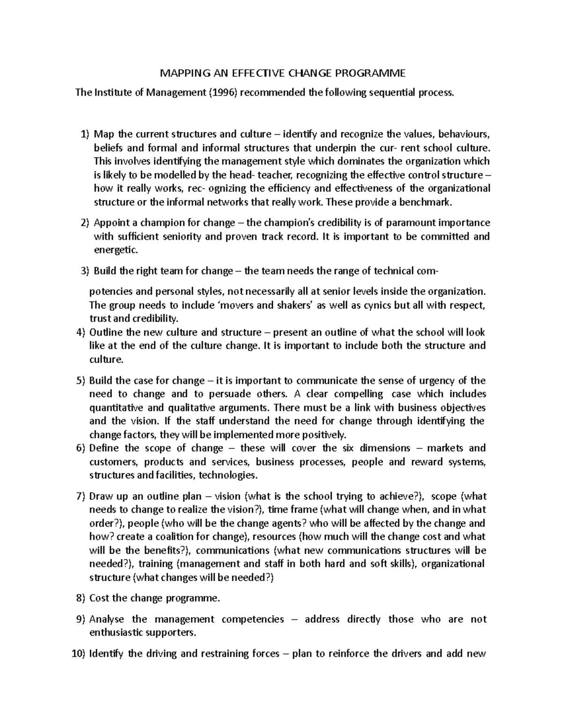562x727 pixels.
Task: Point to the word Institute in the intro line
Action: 112,92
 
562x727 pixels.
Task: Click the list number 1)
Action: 84,135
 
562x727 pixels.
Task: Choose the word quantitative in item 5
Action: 116,407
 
